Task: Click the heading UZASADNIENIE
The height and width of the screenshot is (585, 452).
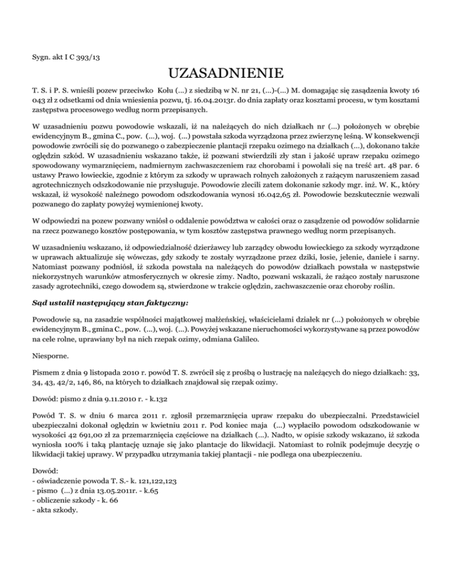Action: [226, 75]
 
